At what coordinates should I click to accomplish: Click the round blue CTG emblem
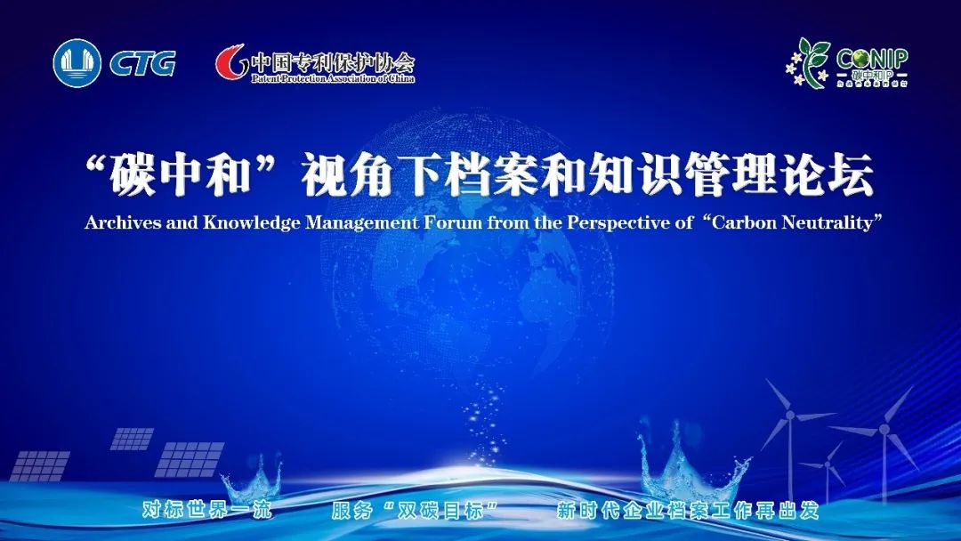(x=77, y=63)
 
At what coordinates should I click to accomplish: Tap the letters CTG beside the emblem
(x=142, y=64)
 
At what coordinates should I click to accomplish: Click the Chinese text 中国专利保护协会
(x=332, y=61)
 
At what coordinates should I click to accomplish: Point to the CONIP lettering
(x=872, y=59)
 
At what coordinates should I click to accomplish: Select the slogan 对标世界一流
(x=206, y=512)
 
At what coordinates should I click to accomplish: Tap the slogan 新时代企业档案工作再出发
(x=687, y=512)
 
